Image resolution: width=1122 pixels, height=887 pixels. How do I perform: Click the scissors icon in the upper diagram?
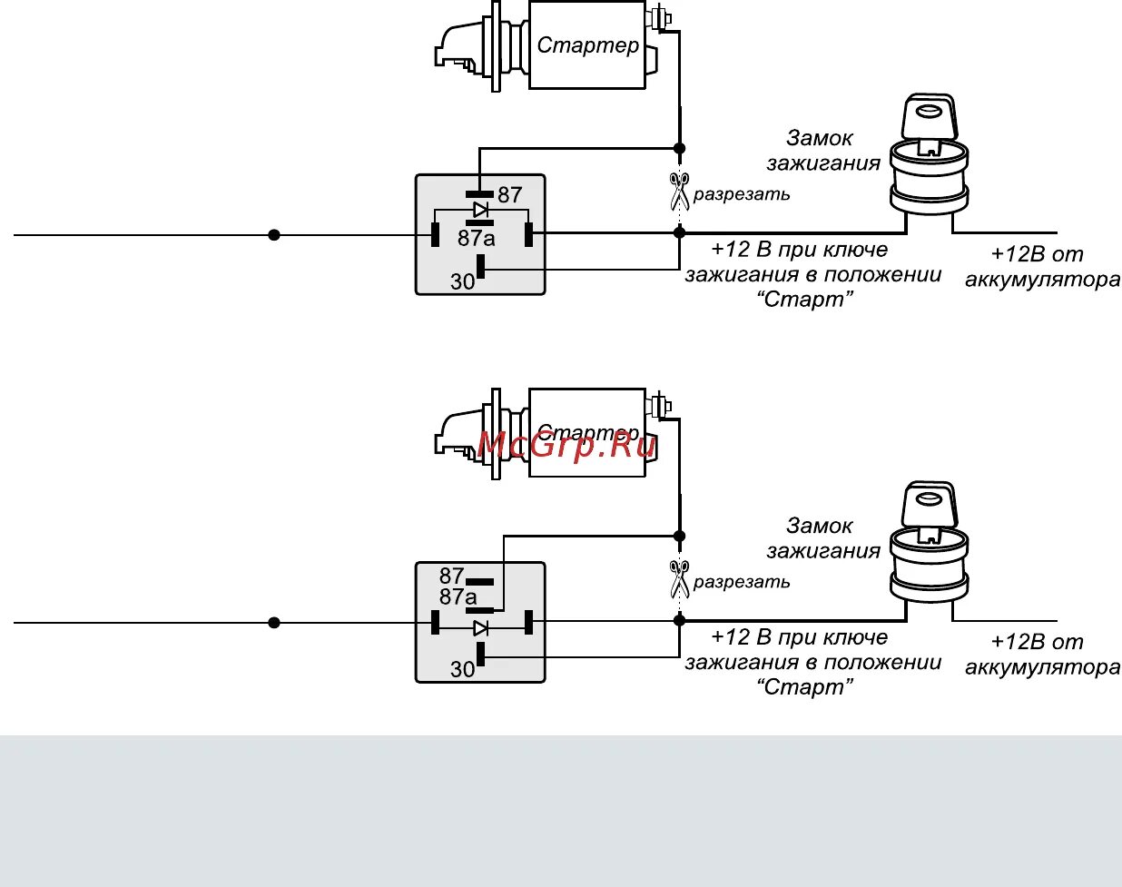[679, 191]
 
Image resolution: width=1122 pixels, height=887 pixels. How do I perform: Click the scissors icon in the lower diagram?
[679, 578]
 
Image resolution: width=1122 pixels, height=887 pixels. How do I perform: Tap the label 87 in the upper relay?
[510, 195]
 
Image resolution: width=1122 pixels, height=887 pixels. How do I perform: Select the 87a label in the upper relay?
[477, 239]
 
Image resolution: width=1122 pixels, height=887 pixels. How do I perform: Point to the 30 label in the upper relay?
[463, 281]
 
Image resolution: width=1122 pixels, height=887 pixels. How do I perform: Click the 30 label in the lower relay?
[463, 669]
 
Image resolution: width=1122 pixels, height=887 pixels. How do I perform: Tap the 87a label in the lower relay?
[458, 597]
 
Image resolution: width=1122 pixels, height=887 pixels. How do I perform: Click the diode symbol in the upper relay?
[480, 210]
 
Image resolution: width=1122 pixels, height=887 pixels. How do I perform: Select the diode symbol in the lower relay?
[481, 627]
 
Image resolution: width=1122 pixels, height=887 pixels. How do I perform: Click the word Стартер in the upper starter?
[588, 45]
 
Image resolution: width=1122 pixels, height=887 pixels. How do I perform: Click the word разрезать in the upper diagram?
[742, 194]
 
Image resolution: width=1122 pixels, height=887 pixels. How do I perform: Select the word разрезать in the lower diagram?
[742, 582]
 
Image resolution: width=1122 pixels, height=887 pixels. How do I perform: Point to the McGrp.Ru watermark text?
[566, 444]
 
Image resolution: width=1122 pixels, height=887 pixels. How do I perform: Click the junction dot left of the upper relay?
[274, 235]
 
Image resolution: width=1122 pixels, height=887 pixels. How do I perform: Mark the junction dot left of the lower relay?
[274, 623]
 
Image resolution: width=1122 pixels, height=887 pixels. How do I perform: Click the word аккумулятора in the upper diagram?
[1042, 280]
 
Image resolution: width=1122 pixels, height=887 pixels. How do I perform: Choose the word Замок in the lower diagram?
[820, 526]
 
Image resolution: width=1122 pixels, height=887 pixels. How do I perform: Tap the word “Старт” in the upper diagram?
[805, 300]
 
